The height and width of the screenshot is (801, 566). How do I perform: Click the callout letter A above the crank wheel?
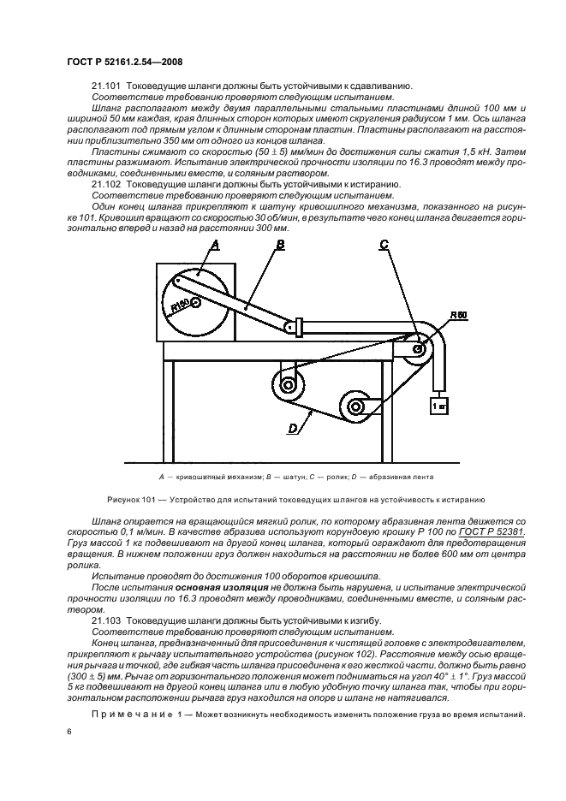pyautogui.click(x=215, y=245)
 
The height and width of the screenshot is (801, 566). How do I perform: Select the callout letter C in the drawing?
pyautogui.click(x=384, y=245)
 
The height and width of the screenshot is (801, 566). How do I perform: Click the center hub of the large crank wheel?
pyautogui.click(x=196, y=301)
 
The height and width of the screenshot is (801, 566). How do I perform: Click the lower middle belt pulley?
pyautogui.click(x=354, y=406)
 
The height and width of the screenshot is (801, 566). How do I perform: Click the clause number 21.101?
pyautogui.click(x=106, y=86)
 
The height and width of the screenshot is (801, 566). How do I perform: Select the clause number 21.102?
pyautogui.click(x=106, y=184)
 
